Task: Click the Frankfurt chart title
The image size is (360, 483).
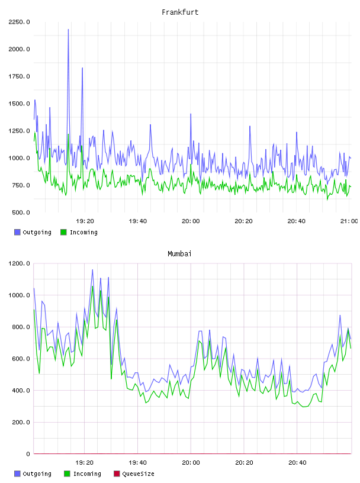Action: coord(180,12)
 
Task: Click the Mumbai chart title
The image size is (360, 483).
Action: coord(179,254)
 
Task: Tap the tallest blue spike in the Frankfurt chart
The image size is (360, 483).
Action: coord(68,30)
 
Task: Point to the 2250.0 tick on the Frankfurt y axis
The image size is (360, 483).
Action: coord(19,22)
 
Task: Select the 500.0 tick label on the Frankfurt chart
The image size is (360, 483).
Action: coord(21,212)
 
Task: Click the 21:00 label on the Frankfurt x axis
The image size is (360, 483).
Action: coord(349,221)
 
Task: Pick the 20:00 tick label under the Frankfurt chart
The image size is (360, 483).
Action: coord(191,221)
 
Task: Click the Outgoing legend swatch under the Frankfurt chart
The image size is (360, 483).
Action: coord(17,232)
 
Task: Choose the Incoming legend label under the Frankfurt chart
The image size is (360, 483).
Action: coord(83,233)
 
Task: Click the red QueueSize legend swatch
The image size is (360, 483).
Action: coord(117,474)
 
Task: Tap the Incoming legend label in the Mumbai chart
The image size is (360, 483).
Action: coord(87,474)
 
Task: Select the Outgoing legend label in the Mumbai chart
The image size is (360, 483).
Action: coord(37,474)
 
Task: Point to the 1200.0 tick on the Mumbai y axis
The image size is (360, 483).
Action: coord(19,263)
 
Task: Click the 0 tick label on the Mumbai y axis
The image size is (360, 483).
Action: coord(28,454)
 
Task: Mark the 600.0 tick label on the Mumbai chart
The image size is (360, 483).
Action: coord(21,359)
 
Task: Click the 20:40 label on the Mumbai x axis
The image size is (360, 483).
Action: coord(297,463)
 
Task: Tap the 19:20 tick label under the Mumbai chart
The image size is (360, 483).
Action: coord(84,463)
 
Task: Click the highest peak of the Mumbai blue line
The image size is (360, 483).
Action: coord(92,270)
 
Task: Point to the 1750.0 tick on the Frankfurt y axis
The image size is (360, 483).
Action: coord(19,76)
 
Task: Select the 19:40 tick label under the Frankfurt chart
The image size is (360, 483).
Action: coord(138,221)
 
